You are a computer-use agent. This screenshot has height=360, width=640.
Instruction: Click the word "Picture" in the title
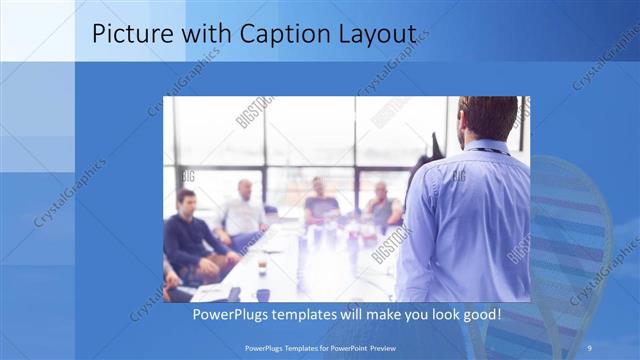pyautogui.click(x=128, y=33)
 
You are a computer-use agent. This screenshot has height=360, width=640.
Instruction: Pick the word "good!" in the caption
pyautogui.click(x=477, y=315)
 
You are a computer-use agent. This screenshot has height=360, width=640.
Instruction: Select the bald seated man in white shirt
pyautogui.click(x=244, y=211)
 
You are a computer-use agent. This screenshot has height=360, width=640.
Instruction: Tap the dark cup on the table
pyautogui.click(x=263, y=294)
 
